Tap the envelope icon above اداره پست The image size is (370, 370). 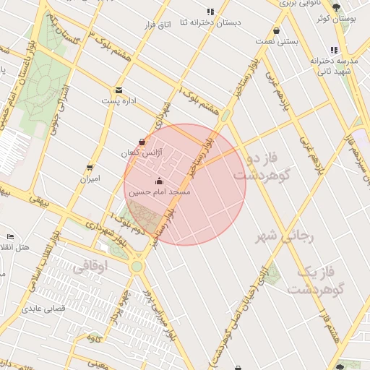(x=119, y=90)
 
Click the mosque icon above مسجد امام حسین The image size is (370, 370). (x=159, y=181)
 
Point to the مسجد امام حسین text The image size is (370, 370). (x=159, y=193)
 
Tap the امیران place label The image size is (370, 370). (x=90, y=178)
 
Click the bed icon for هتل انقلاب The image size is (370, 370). (x=10, y=236)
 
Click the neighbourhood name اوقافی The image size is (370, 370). (x=90, y=267)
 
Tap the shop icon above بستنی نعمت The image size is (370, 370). (x=277, y=30)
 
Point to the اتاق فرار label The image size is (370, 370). (x=156, y=25)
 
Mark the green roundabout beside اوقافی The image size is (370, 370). (x=137, y=267)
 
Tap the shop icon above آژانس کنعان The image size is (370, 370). (x=142, y=142)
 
